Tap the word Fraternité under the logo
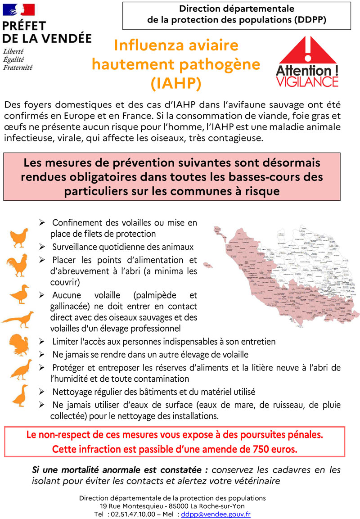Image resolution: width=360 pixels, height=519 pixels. click(x=18, y=68)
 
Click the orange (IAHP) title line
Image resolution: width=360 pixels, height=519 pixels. click(x=176, y=83)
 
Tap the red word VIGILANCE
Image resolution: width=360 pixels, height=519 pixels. click(x=307, y=81)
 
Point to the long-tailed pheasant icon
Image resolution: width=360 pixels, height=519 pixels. click(x=18, y=319)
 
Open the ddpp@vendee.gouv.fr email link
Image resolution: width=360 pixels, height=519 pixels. click(x=216, y=514)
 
